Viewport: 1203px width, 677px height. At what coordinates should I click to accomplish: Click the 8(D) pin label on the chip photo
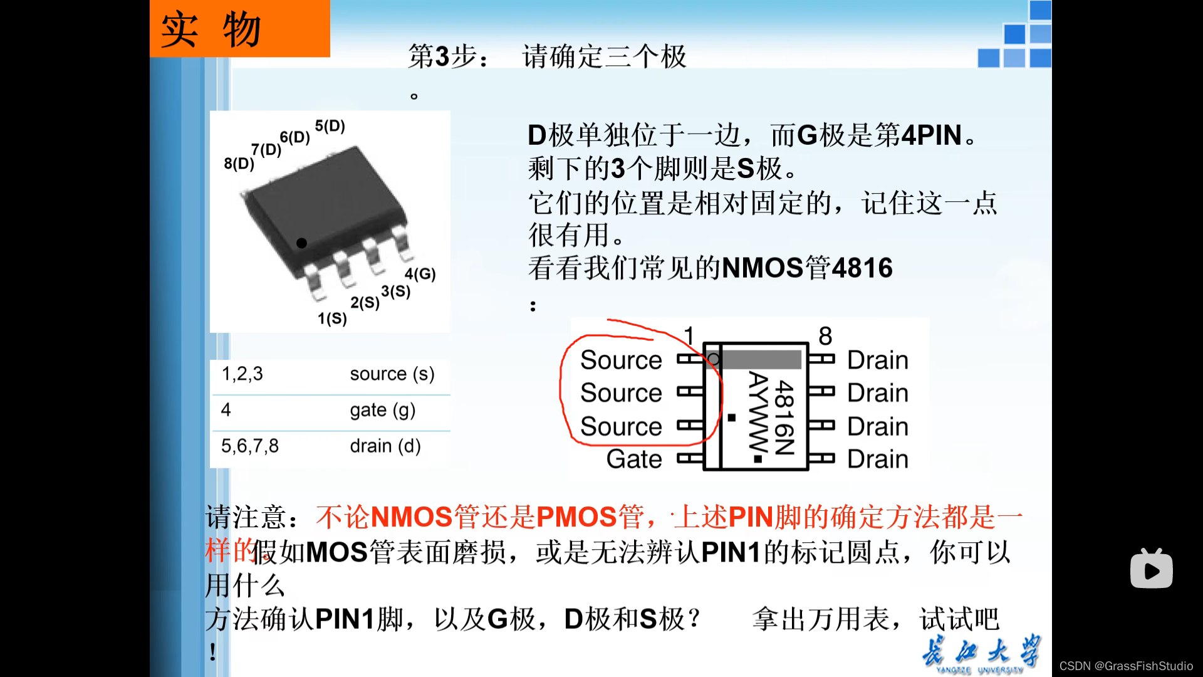click(239, 164)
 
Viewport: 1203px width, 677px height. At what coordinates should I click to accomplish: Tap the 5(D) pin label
click(330, 126)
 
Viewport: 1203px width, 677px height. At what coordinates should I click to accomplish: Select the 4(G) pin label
click(420, 274)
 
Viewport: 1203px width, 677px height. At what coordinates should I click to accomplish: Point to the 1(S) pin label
click(331, 318)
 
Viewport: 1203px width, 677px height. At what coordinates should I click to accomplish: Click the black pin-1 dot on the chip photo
click(301, 243)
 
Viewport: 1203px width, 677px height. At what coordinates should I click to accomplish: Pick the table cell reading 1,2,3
click(242, 374)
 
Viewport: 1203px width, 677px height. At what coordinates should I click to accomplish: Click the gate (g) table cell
click(382, 411)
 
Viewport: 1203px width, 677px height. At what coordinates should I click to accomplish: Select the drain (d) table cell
click(385, 446)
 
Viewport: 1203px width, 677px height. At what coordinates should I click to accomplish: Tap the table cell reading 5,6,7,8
click(249, 446)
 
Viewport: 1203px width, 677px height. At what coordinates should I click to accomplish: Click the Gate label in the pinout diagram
click(634, 459)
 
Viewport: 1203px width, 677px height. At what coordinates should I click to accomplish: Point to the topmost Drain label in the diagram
click(877, 360)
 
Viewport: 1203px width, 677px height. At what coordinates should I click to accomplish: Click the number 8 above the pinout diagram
click(825, 337)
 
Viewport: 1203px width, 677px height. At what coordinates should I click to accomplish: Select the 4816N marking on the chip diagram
click(784, 417)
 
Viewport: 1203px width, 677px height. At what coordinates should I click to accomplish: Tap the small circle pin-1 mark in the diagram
click(713, 360)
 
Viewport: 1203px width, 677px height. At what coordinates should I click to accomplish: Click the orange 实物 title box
click(239, 29)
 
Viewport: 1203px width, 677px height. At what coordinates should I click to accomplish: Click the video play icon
click(1151, 569)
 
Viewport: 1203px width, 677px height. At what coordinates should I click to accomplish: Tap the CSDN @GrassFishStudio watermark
click(1126, 666)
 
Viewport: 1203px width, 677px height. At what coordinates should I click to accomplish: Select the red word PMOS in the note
click(576, 518)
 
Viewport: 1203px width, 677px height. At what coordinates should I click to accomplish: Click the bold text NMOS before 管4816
click(763, 268)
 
